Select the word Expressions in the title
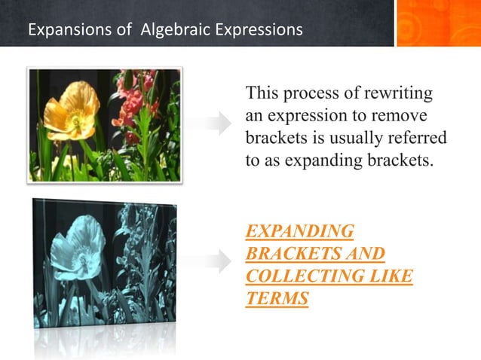(x=259, y=30)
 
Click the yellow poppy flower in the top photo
(x=71, y=108)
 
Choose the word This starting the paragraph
(x=263, y=94)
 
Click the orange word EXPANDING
(x=299, y=231)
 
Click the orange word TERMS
(x=277, y=299)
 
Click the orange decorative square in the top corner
(x=438, y=23)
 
